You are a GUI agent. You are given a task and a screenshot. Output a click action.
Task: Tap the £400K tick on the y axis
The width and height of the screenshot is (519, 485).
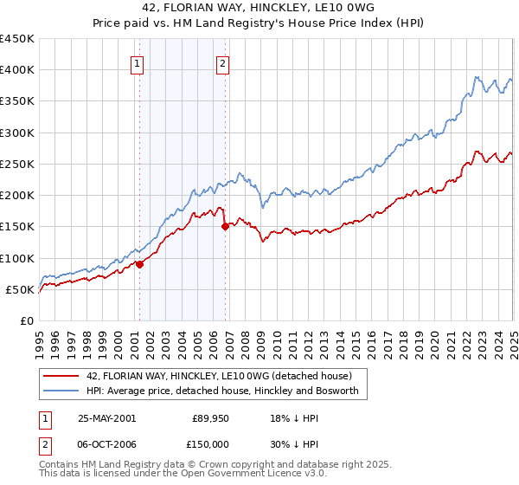point(16,70)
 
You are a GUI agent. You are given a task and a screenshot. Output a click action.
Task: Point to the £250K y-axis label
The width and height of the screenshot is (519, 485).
point(16,164)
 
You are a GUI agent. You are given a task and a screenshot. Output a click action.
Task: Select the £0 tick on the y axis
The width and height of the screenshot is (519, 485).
point(27,320)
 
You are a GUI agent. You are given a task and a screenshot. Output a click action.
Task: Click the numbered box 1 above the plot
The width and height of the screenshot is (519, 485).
point(138,62)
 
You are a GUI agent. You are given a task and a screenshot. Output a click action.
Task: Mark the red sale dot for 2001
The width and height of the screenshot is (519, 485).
point(139,265)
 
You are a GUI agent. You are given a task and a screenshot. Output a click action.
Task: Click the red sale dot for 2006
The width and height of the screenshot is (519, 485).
point(225,227)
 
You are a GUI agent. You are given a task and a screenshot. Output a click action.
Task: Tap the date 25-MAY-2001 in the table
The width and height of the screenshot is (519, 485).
point(106,417)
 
